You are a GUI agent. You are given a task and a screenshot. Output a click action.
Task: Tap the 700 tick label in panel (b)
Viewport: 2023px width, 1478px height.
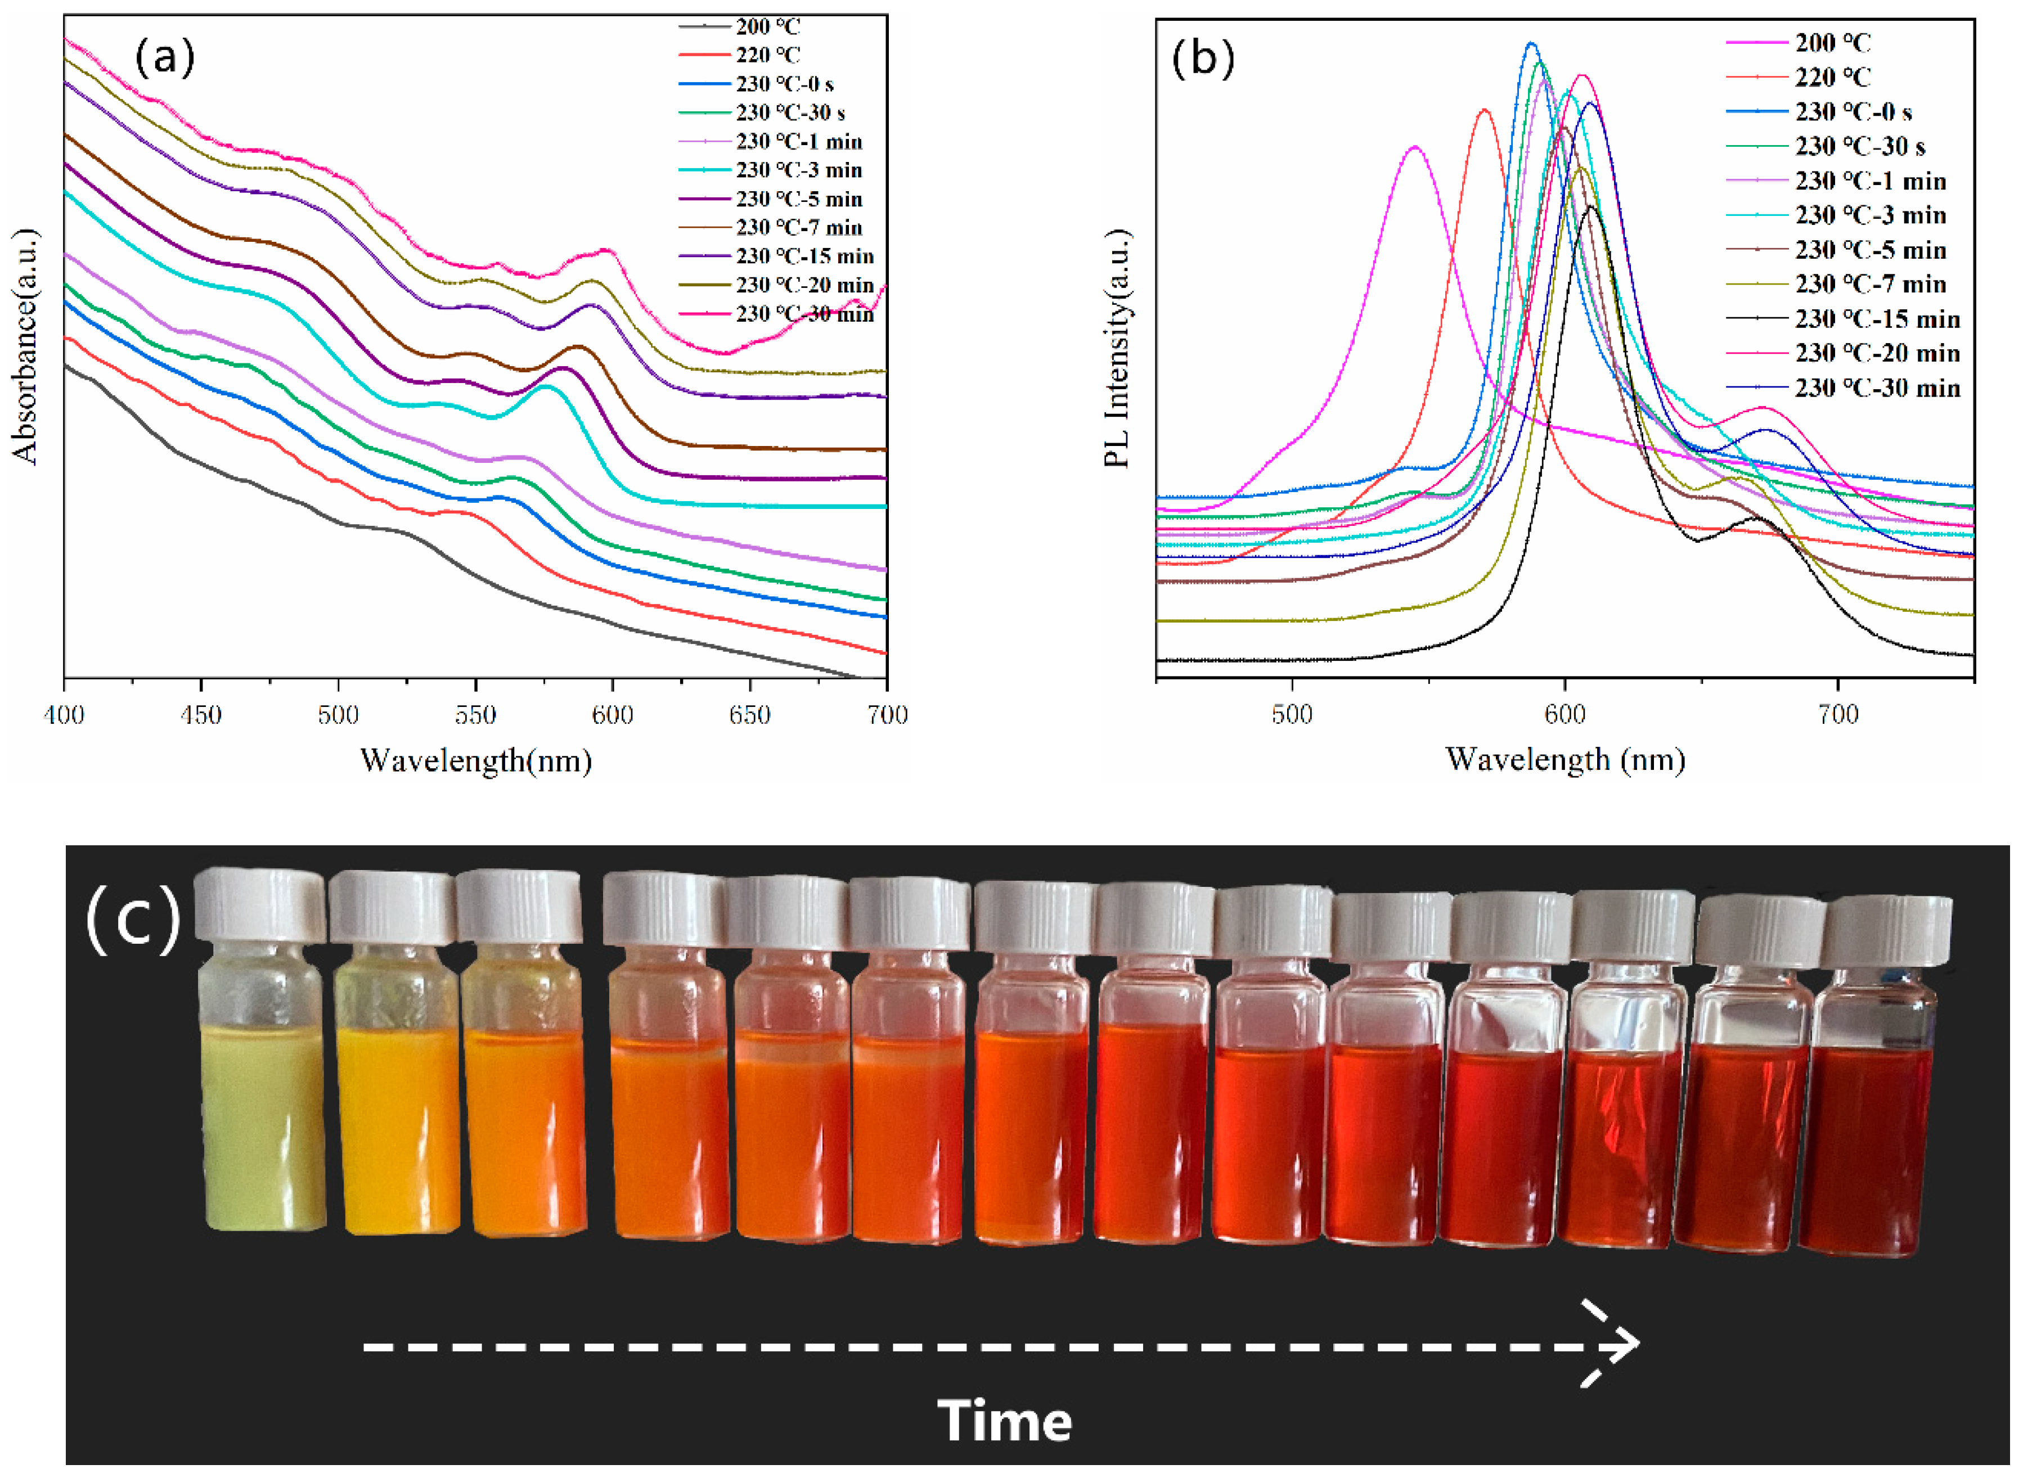point(1838,715)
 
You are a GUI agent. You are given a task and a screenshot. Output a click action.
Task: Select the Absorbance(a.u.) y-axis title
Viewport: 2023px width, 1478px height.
point(27,346)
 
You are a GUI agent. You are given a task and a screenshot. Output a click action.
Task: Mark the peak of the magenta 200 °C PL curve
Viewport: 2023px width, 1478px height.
point(1414,147)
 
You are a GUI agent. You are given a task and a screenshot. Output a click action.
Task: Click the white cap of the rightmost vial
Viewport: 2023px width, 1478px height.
point(1886,930)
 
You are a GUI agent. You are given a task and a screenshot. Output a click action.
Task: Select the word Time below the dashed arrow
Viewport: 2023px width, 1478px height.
point(1004,1421)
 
